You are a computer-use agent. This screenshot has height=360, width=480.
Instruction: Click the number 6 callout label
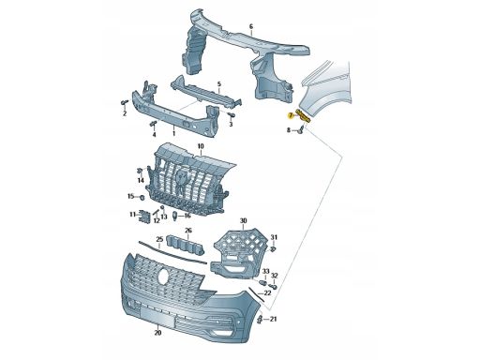[x=251, y=26]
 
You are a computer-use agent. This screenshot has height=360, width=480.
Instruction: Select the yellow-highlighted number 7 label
[x=291, y=116]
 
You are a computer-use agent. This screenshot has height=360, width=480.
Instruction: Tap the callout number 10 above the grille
[x=201, y=146]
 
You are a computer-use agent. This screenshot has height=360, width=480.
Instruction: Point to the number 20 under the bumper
[x=157, y=333]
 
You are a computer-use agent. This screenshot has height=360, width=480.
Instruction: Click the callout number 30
[x=243, y=221]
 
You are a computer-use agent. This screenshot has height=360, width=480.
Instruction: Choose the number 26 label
[x=188, y=231]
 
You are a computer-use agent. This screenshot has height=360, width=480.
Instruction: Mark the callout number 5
[x=218, y=84]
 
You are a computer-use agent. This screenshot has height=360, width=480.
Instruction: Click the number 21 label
[x=274, y=319]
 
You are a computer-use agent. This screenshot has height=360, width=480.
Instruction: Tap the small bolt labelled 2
[x=125, y=102]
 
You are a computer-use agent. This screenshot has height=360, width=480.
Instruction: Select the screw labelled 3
[x=231, y=115]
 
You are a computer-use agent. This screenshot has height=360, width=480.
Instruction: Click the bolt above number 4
[x=153, y=124]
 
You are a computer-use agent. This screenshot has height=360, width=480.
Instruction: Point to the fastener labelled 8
[x=302, y=129]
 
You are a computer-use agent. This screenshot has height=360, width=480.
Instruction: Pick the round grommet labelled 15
[x=142, y=197]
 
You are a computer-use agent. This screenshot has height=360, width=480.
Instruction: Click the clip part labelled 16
[x=175, y=216]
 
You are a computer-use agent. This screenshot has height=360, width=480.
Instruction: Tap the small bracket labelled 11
[x=144, y=217]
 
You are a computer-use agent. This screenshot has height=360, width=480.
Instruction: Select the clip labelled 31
[x=272, y=249]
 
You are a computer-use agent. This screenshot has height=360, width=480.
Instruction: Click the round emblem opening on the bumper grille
[x=163, y=277]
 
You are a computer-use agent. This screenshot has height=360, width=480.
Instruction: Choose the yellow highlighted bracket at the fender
[x=303, y=116]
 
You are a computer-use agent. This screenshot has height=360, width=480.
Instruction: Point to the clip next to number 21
[x=260, y=320]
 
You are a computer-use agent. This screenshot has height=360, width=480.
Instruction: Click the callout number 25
[x=159, y=240]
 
